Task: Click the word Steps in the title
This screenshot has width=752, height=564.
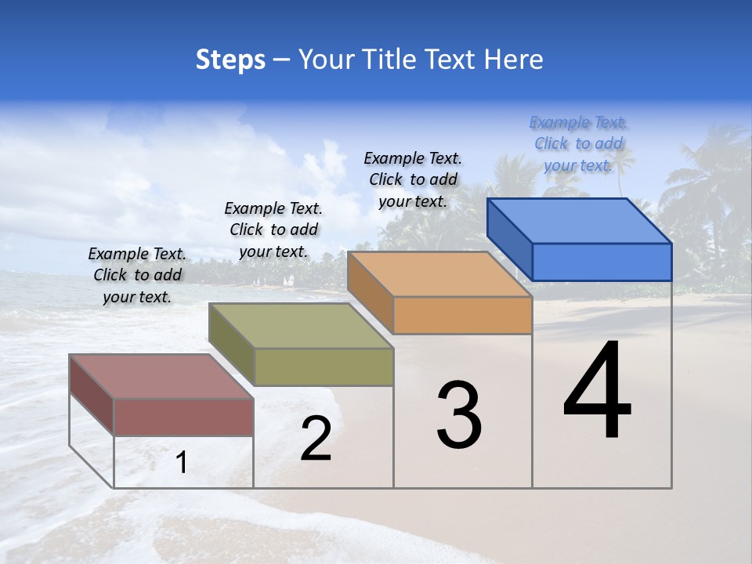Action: click(x=230, y=60)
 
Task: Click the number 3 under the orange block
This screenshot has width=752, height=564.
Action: click(x=459, y=415)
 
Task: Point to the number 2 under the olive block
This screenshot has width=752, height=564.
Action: click(x=316, y=439)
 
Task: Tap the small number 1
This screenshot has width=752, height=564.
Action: click(x=182, y=463)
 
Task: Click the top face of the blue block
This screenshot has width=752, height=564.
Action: click(x=580, y=221)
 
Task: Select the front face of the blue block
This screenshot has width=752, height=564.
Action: click(x=602, y=262)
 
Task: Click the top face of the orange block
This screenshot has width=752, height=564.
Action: click(x=439, y=274)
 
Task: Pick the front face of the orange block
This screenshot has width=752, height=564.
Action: click(x=462, y=315)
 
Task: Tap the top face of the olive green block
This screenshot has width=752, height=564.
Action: click(x=301, y=326)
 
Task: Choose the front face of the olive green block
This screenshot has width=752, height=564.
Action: click(x=324, y=367)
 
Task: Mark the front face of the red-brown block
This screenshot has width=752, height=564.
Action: click(x=183, y=417)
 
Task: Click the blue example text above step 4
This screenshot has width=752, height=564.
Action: click(x=578, y=144)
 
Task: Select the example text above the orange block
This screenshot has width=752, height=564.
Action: click(x=413, y=180)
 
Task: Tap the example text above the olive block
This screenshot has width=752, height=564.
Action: click(x=273, y=230)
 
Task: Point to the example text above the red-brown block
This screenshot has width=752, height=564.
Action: click(x=137, y=275)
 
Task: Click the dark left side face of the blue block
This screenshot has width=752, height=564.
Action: click(x=509, y=238)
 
